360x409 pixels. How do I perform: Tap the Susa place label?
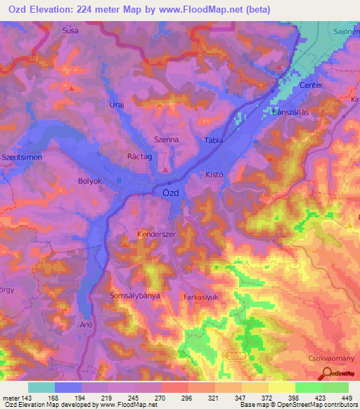tap(70, 31)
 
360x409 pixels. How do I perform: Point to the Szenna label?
tap(166, 140)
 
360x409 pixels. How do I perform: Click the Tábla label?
tap(213, 141)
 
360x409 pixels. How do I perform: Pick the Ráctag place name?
tap(139, 158)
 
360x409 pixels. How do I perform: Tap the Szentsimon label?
tap(22, 157)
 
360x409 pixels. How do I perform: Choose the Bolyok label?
tap(90, 181)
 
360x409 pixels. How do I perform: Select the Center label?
tap(311, 85)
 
